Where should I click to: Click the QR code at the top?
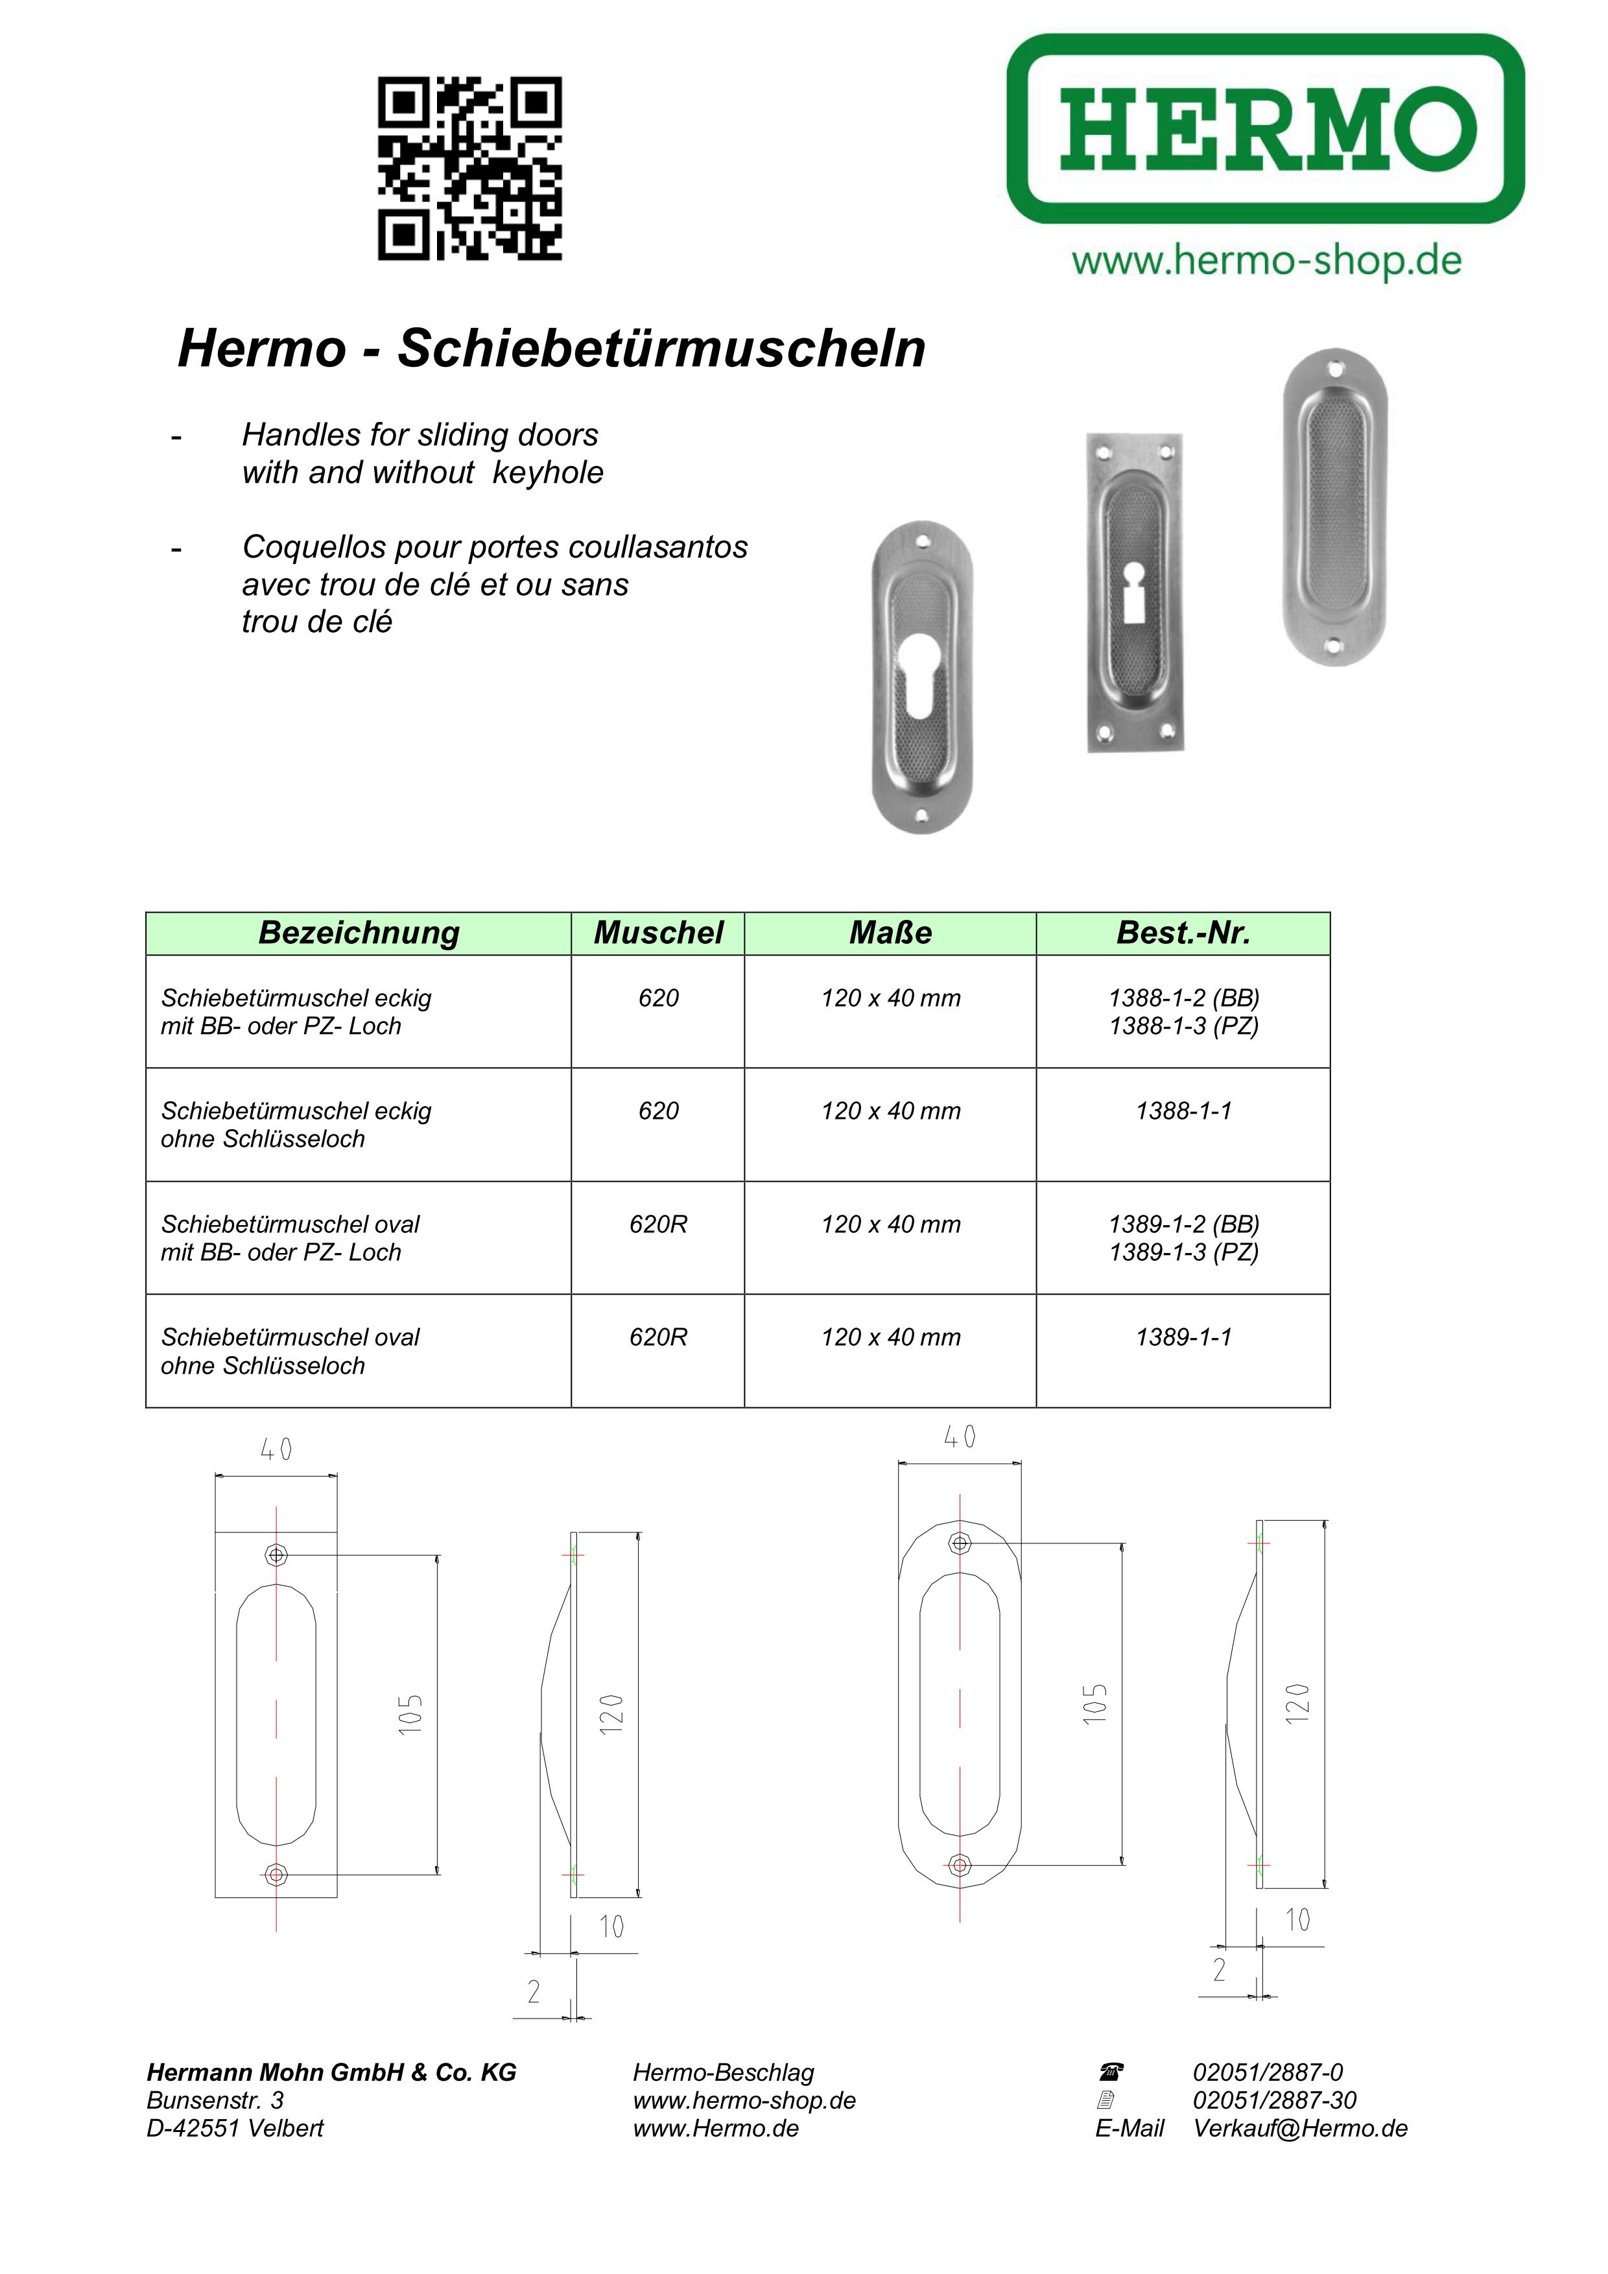tap(469, 169)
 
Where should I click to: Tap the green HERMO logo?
tap(1265, 129)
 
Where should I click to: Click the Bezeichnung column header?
tap(359, 933)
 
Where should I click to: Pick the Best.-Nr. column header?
tap(1183, 933)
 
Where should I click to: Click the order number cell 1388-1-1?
tap(1183, 1111)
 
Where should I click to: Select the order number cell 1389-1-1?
tap(1183, 1337)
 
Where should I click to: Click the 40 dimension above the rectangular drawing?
tap(276, 1450)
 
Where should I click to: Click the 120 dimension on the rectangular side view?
tap(611, 1713)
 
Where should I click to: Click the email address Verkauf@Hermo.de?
tap(1300, 2128)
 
